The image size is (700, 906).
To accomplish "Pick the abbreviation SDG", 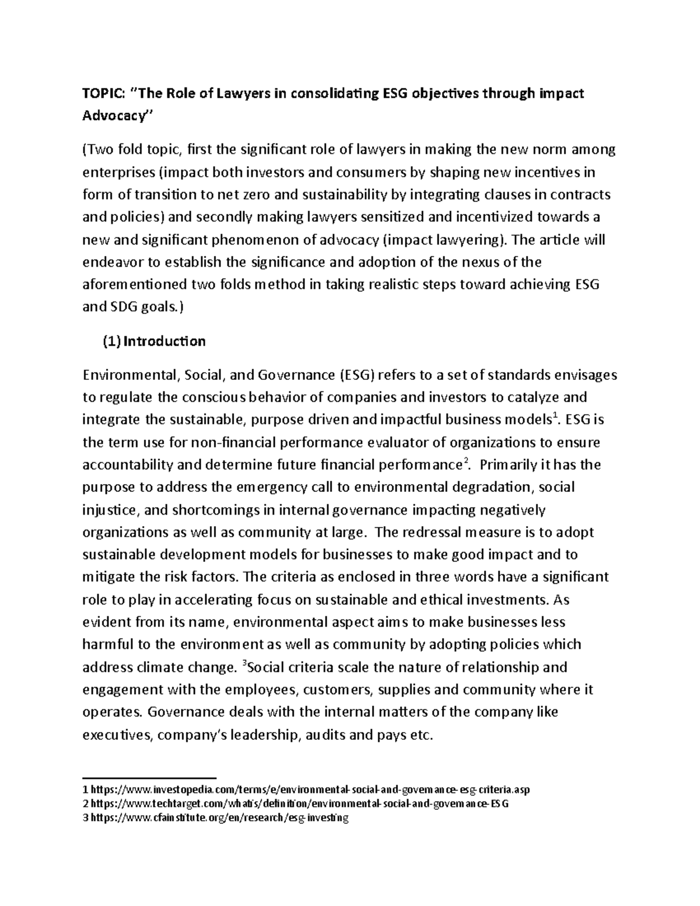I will (x=126, y=307).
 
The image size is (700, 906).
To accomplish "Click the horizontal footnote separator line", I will (x=149, y=778).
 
